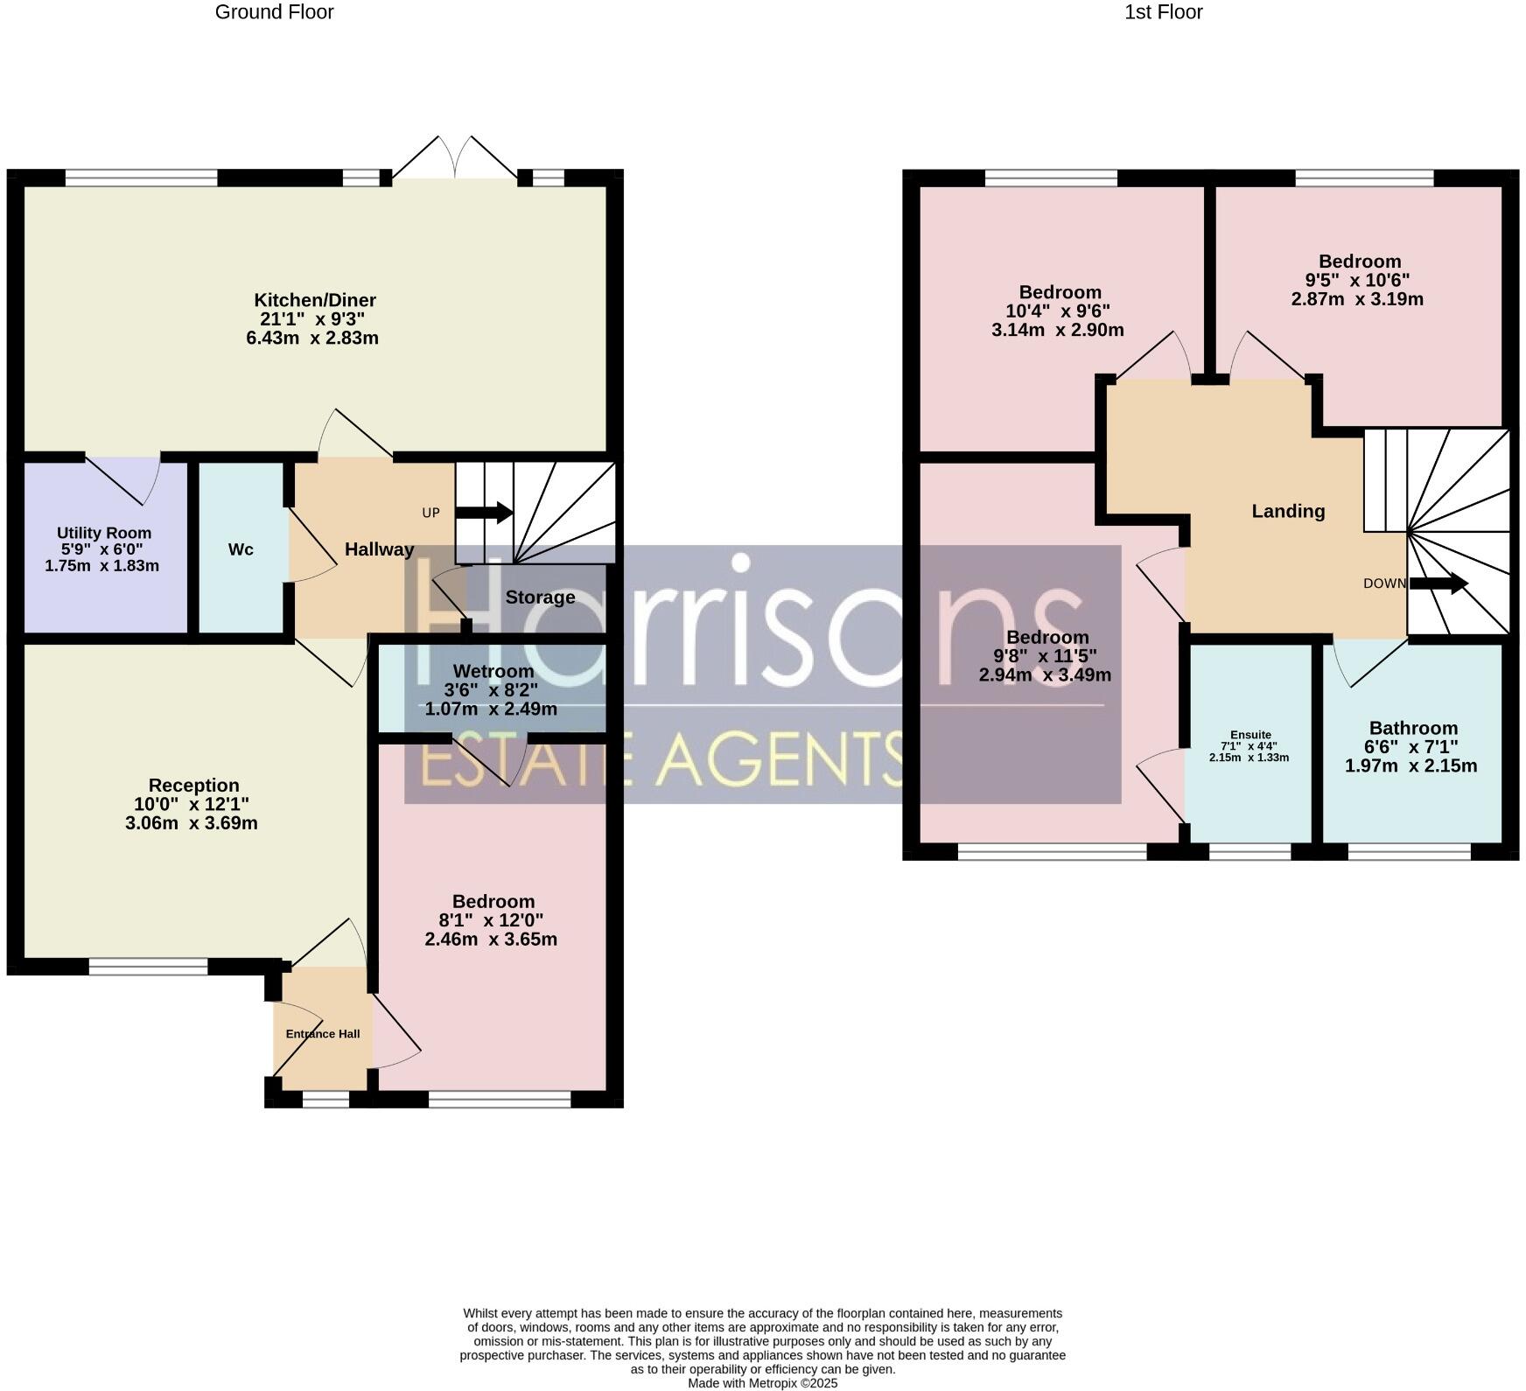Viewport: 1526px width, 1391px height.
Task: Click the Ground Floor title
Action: (x=274, y=12)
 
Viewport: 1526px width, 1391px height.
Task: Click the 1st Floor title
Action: (x=1163, y=12)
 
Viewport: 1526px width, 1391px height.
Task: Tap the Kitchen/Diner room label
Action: (x=315, y=300)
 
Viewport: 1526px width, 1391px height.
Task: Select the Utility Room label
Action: (x=104, y=533)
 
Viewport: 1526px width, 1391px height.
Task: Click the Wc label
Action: (x=241, y=549)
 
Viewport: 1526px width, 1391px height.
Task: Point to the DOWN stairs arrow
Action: (x=1438, y=584)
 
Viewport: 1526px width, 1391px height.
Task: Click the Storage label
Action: (x=540, y=598)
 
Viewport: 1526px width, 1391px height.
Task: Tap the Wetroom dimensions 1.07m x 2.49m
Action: (x=491, y=709)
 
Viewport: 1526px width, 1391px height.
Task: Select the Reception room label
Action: (x=193, y=786)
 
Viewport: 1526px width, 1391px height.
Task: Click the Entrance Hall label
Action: (x=323, y=1034)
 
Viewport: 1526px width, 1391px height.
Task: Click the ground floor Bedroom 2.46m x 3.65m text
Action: (x=491, y=940)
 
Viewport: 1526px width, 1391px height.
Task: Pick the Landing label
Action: (x=1288, y=511)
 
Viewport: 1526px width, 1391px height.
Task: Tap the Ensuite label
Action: (x=1250, y=735)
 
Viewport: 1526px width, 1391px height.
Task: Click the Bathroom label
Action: (x=1413, y=728)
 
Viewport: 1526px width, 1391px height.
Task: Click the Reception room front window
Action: (x=148, y=967)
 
